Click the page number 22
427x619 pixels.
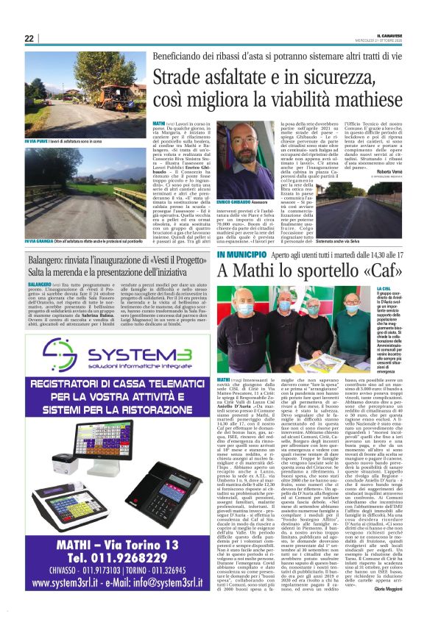[x=29, y=39]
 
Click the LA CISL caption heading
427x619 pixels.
[x=403, y=289]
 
